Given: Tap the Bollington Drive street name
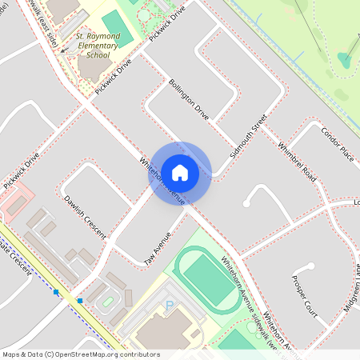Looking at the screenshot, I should point(189,99).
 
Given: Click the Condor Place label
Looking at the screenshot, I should point(337,143).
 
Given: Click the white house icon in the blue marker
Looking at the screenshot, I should point(180,172).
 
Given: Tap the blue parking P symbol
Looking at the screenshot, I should point(169,305).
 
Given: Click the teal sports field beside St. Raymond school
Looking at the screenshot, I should point(116,29).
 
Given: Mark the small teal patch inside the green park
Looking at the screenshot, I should point(346,58).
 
